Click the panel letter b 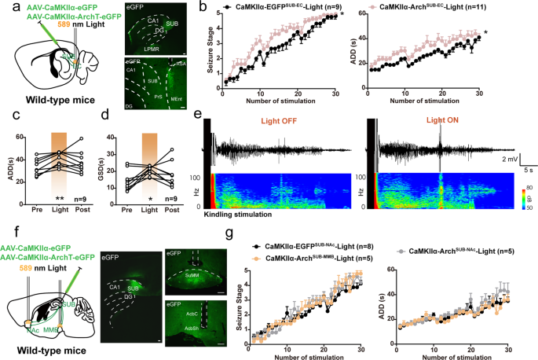203,9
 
